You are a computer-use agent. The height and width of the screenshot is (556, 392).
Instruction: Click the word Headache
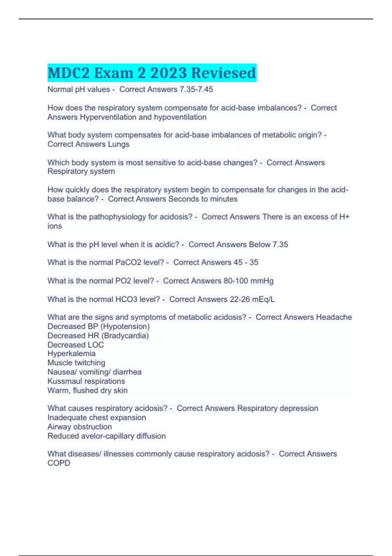click(x=334, y=317)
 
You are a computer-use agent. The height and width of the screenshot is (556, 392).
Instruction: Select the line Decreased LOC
click(x=75, y=345)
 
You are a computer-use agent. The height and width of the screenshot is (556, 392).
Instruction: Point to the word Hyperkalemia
click(x=72, y=354)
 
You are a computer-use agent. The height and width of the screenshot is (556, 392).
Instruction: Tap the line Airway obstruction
click(x=79, y=427)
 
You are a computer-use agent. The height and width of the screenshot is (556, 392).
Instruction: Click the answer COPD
click(x=59, y=463)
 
